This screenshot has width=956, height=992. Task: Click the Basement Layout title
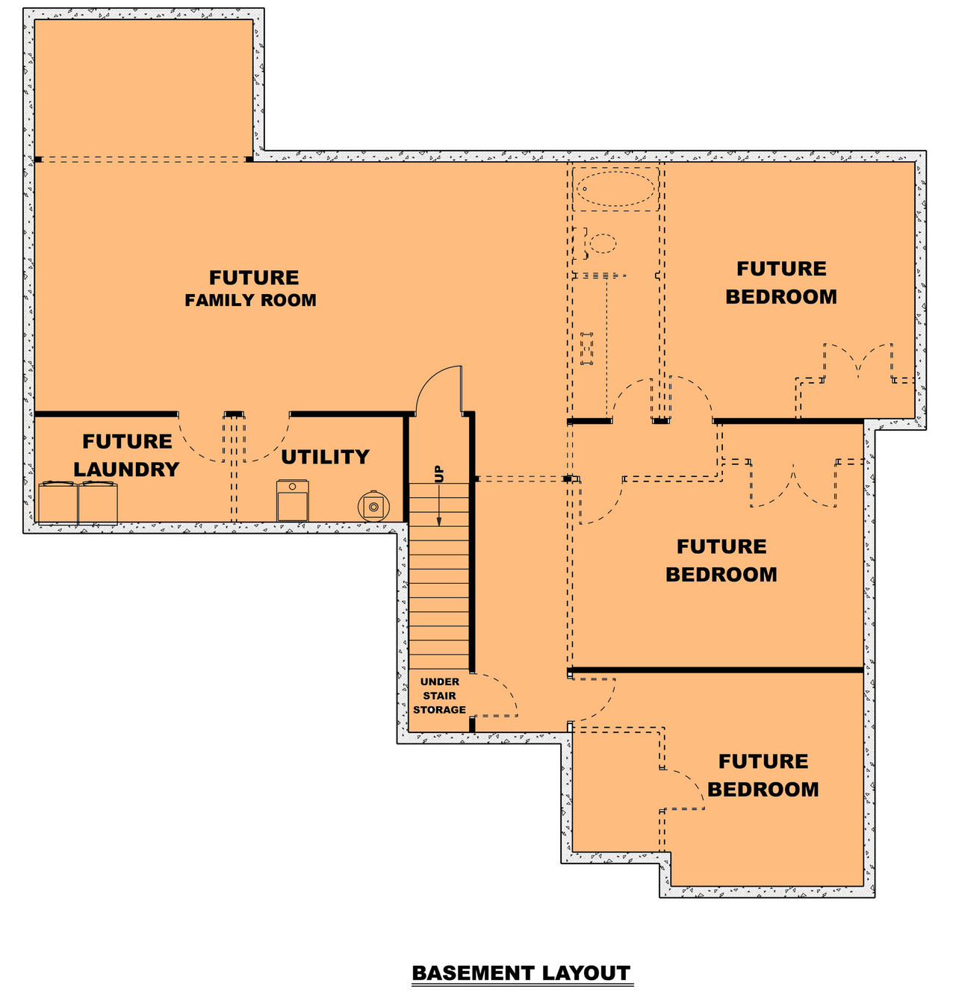(521, 973)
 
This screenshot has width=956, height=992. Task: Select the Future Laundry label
(127, 455)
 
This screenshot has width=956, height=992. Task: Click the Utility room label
(325, 457)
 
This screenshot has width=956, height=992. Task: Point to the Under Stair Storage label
(439, 696)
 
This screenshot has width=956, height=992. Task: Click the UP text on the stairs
(439, 473)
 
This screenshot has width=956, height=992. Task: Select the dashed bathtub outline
(615, 189)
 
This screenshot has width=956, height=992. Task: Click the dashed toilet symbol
(597, 243)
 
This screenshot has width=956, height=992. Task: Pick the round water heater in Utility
(373, 506)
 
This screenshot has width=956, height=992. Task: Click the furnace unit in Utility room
(293, 501)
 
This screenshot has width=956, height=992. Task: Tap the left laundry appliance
(58, 502)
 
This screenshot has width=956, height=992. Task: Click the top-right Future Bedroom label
(781, 283)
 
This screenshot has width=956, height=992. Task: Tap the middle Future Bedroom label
(721, 561)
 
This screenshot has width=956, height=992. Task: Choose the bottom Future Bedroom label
(763, 776)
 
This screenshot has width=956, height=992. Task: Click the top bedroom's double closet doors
(858, 362)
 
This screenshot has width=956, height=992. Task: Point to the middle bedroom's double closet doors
(793, 484)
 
